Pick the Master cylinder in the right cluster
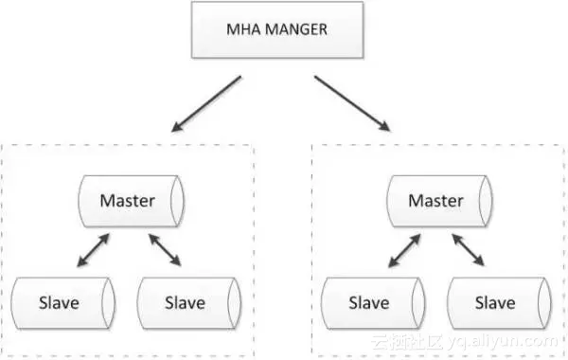[x=436, y=201]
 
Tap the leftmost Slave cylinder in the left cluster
[x=61, y=303]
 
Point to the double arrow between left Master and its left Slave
[x=93, y=251]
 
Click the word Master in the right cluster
[x=436, y=201]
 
